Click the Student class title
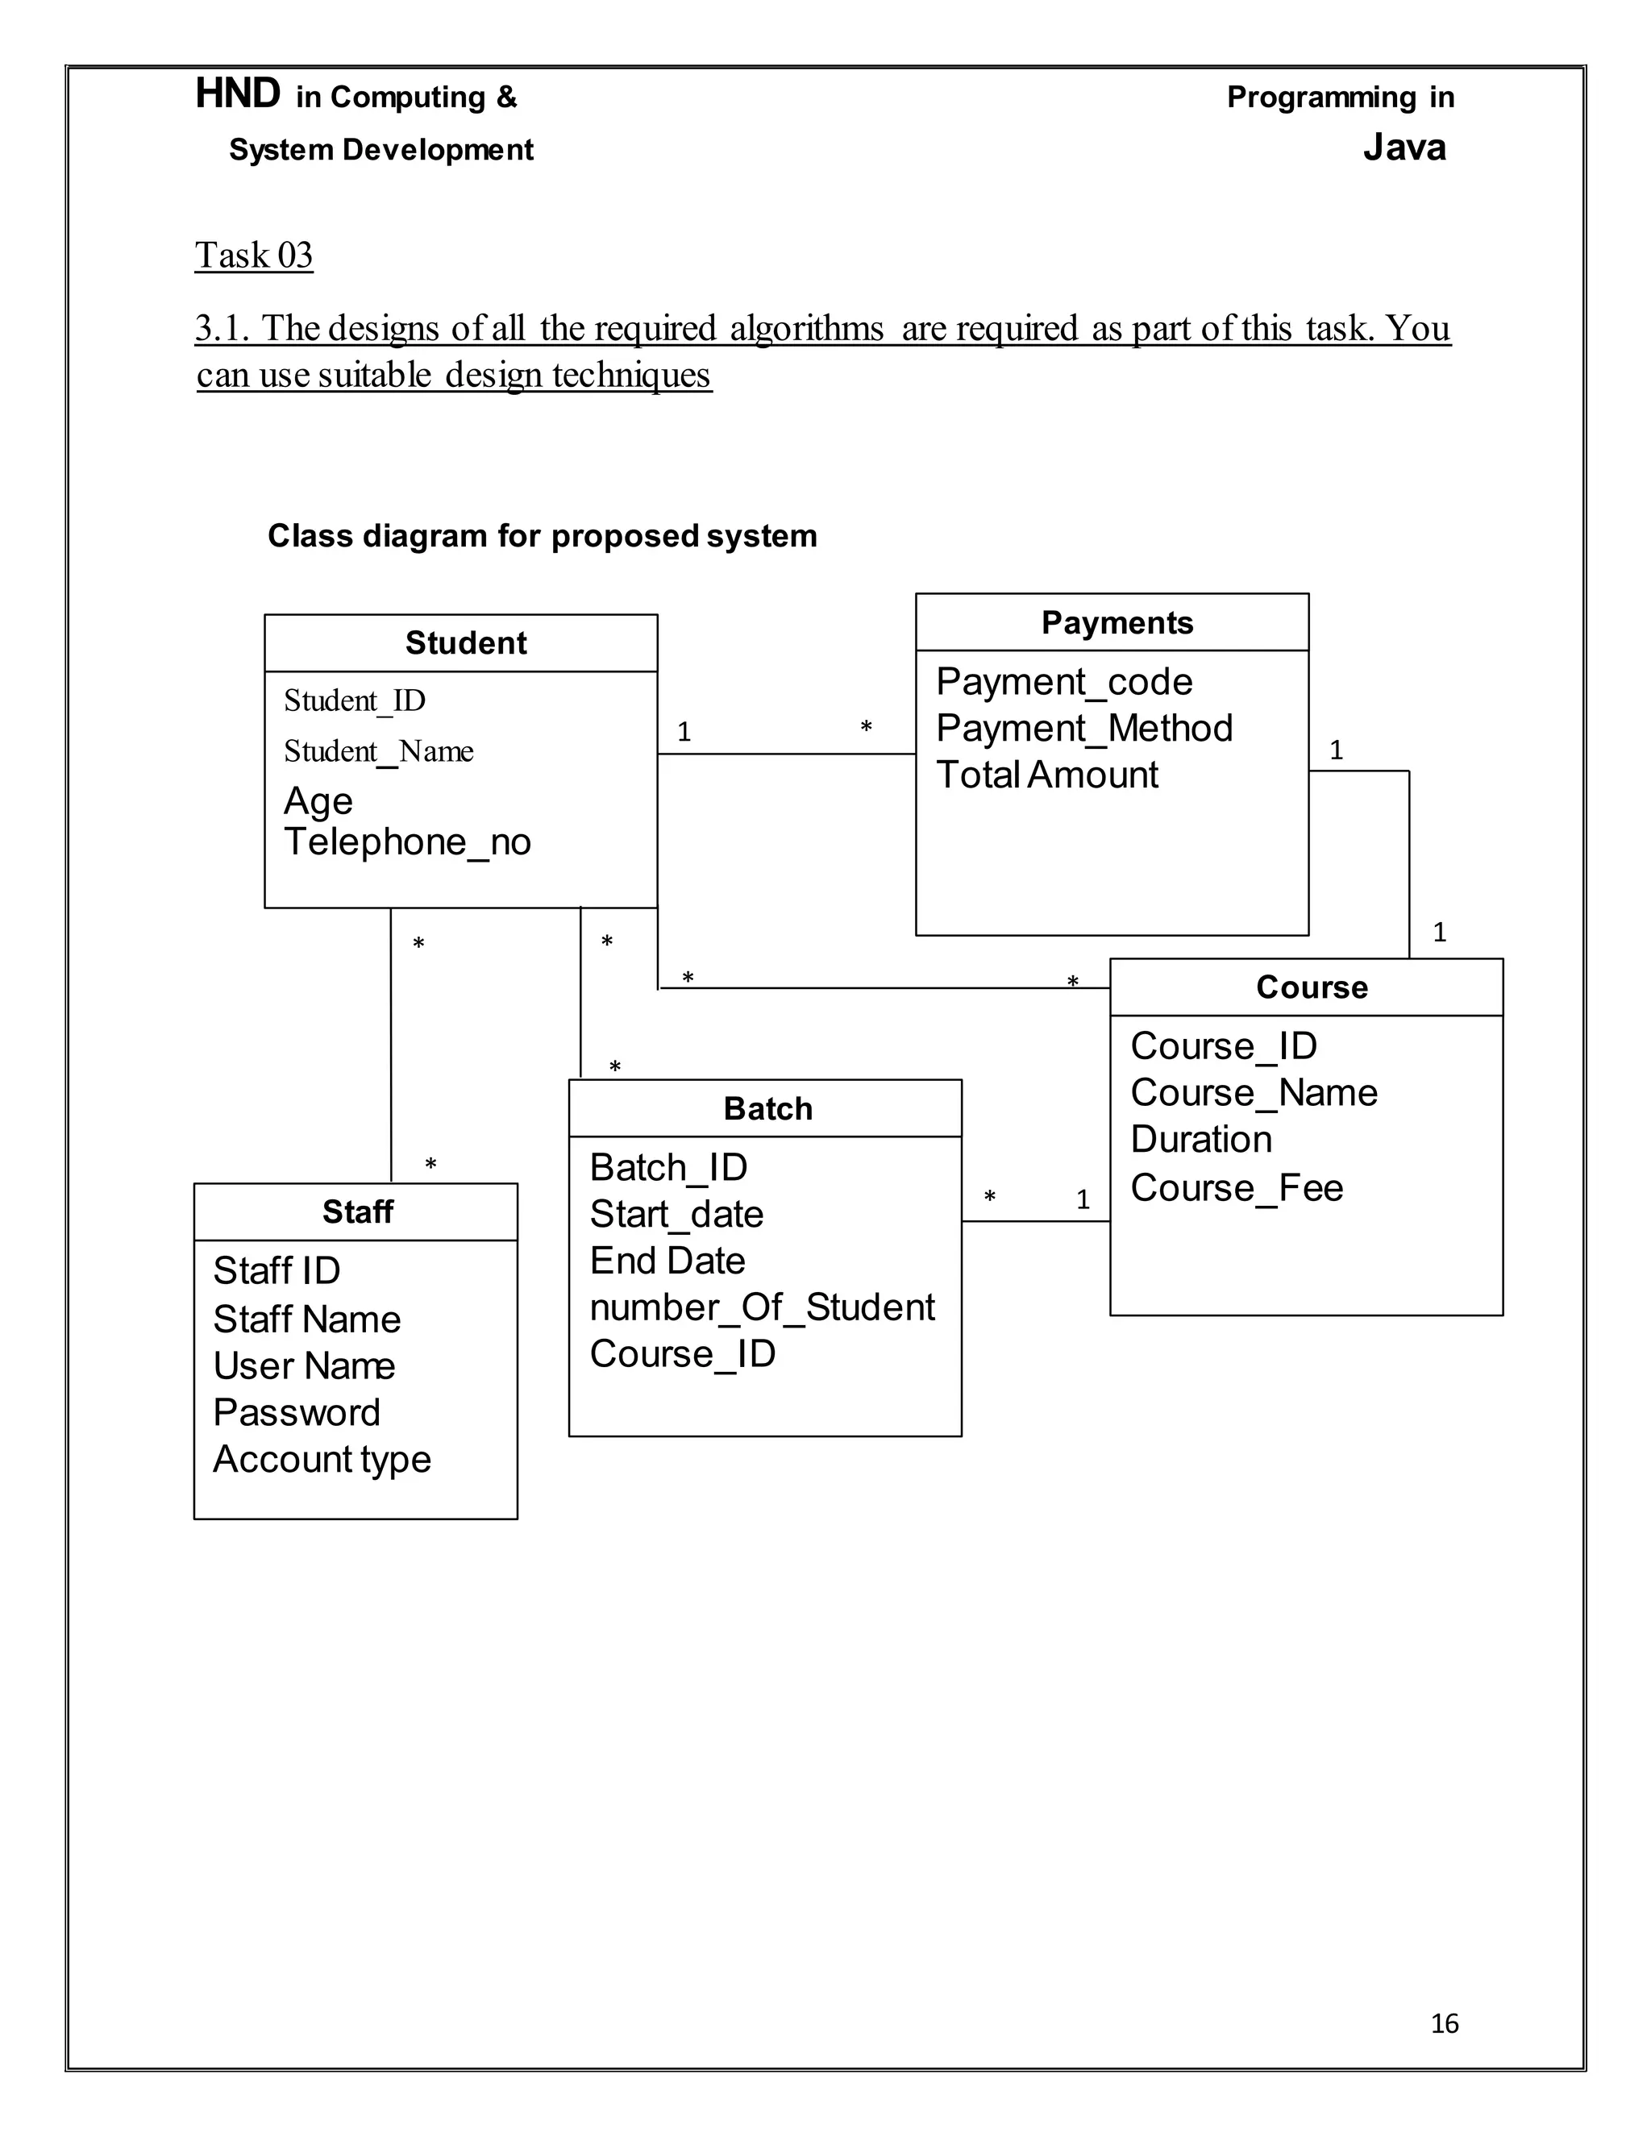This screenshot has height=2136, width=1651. point(466,643)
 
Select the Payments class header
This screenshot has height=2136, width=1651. point(1117,623)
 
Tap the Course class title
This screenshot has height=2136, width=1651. point(1312,988)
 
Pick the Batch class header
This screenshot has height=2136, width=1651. point(767,1109)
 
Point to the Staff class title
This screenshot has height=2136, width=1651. point(358,1213)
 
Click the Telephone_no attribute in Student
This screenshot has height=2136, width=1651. point(407,842)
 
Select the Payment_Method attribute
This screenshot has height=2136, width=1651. point(1083,729)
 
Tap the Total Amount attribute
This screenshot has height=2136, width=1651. point(1046,775)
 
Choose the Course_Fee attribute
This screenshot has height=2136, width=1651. point(1237,1188)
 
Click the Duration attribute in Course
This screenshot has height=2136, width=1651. point(1201,1140)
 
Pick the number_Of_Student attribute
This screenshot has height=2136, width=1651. point(762,1307)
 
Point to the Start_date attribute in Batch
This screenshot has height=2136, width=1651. point(676,1215)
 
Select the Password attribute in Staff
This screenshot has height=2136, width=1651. point(297,1413)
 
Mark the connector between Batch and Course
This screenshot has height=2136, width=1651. point(1035,1221)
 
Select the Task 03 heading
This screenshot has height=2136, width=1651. point(253,256)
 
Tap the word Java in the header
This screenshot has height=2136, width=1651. point(1404,148)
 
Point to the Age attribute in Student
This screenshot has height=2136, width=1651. point(318,801)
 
